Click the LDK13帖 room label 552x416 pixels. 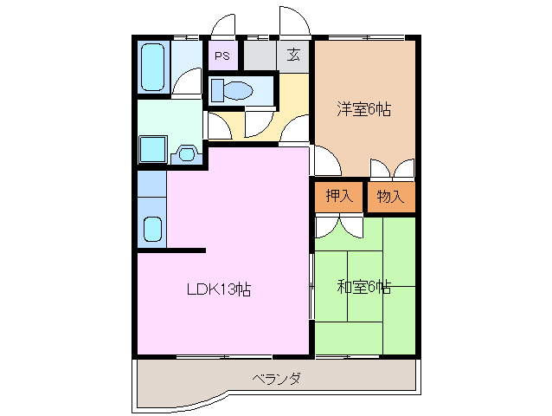[x=219, y=289]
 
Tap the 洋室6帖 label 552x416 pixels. [x=363, y=109]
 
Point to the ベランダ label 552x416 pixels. [x=277, y=379]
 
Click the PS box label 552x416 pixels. [x=222, y=56]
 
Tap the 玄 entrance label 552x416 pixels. [x=294, y=56]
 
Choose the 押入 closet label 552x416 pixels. [x=338, y=197]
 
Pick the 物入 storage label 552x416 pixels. [x=390, y=197]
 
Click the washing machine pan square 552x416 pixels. [x=154, y=148]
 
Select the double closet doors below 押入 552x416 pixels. [x=339, y=226]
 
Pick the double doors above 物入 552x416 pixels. [x=391, y=169]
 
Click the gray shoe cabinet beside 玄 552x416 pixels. [x=260, y=56]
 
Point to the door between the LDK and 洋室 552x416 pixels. [x=324, y=161]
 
